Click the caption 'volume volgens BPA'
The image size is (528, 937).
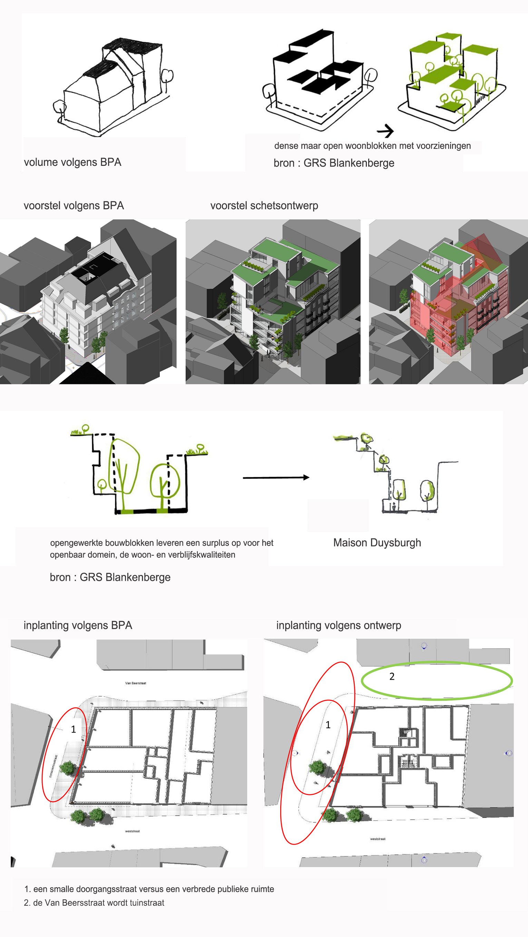coord(72,162)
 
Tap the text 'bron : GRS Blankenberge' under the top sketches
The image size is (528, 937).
coord(334,163)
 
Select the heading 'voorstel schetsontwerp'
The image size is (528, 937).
coord(264,205)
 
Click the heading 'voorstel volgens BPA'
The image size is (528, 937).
coord(74,205)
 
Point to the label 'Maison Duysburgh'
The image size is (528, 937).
coord(377,543)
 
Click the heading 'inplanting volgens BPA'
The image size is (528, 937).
coord(78,625)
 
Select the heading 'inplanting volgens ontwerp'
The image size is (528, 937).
coord(338,625)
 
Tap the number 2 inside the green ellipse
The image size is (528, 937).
coord(392,677)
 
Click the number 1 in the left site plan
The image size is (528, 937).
coord(73,729)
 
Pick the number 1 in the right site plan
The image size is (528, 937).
coord(328,725)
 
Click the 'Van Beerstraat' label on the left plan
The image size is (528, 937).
coord(136,683)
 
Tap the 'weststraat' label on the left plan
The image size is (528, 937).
coord(132,831)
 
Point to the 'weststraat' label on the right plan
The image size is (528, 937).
coord(378,839)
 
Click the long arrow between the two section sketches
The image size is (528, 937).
coord(276,477)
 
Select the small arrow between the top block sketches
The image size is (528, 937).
coord(385,130)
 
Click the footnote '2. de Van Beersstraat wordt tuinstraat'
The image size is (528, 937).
coord(94,903)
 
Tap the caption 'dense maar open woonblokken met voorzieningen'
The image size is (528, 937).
coord(372,146)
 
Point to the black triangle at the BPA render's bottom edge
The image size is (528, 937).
coord(87,375)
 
